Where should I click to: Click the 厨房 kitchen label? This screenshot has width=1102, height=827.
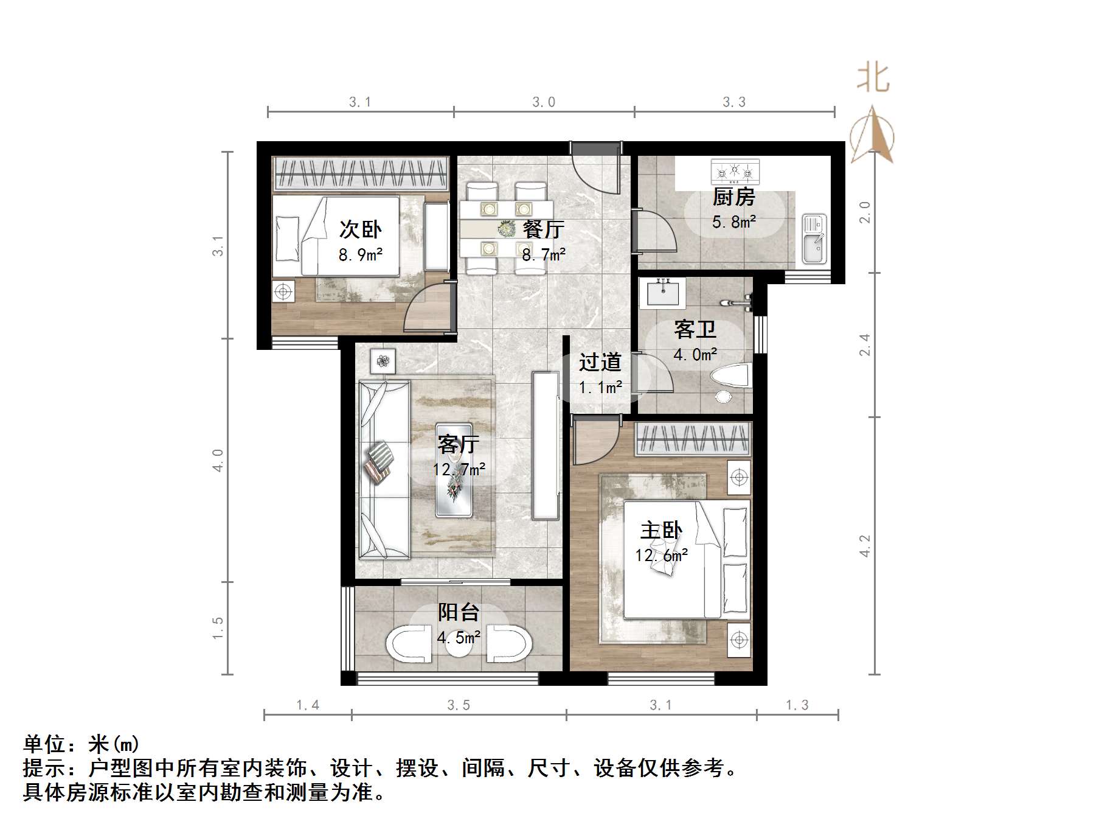coord(733,197)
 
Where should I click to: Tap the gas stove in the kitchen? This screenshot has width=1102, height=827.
coord(735,172)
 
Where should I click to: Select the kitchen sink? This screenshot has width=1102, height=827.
coord(813,239)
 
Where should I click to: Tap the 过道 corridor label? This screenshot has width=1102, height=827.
coord(600,363)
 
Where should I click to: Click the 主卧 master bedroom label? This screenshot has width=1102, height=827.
coord(661,531)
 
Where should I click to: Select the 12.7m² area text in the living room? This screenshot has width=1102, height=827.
coord(459,470)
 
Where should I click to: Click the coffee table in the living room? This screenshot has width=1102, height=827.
coord(454,469)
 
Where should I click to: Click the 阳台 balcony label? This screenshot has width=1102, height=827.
coord(459,612)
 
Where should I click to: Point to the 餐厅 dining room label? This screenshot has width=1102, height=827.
coord(544,229)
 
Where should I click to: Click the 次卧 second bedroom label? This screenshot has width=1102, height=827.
coord(360,229)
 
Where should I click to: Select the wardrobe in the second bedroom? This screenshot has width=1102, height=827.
coord(361,174)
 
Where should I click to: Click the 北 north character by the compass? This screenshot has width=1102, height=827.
coord(873,79)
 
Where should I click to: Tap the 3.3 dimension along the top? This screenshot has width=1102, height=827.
coord(734,102)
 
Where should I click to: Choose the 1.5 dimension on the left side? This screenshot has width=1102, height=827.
coord(218,628)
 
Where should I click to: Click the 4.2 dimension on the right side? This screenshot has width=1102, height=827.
coord(865,546)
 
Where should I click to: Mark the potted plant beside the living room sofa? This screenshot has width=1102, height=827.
coord(383,361)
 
